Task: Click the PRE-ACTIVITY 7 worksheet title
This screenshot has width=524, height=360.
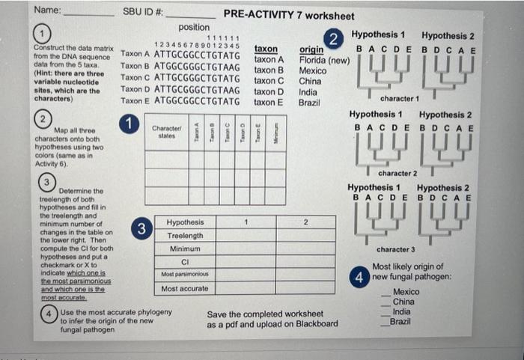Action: (x=289, y=16)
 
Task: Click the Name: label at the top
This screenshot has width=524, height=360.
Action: (x=47, y=10)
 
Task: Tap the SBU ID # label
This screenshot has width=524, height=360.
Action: (x=142, y=13)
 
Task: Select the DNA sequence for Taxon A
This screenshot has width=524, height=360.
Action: (x=197, y=55)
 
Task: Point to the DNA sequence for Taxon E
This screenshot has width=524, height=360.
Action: (x=197, y=101)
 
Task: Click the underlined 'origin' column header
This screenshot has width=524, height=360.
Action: (x=311, y=49)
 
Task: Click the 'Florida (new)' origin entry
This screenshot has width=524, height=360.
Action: (x=324, y=60)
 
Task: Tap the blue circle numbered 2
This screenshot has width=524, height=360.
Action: (x=335, y=39)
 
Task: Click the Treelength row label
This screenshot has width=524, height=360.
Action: (x=184, y=236)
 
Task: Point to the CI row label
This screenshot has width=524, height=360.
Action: (x=184, y=262)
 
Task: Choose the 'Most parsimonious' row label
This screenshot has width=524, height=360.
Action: (x=184, y=275)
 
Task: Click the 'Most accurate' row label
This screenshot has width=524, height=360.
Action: (x=184, y=288)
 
